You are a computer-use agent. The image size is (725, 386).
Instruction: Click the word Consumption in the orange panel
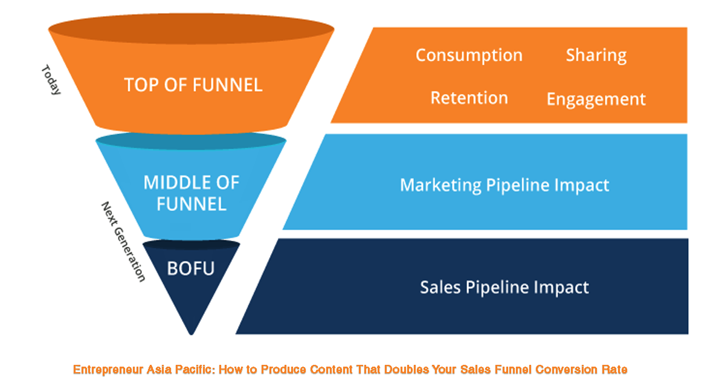(469, 55)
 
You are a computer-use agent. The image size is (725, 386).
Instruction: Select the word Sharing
(596, 55)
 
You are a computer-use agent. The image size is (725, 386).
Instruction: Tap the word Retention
(469, 98)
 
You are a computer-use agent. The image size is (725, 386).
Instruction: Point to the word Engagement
(596, 99)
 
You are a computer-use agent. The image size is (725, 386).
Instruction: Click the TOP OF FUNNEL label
(193, 85)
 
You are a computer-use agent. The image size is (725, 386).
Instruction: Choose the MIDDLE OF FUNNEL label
(192, 192)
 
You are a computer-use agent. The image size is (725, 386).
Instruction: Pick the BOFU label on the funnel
(190, 268)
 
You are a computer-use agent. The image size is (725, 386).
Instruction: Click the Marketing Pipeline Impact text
(504, 185)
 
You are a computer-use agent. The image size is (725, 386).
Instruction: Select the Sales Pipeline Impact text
(504, 287)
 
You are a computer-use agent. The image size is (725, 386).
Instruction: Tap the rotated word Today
(51, 80)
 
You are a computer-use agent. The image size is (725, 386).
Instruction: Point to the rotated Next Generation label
(123, 241)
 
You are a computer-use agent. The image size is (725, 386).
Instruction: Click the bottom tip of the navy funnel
(192, 331)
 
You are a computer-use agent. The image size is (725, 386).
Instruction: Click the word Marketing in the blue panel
(441, 185)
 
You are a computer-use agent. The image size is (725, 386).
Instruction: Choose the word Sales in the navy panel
(440, 287)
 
